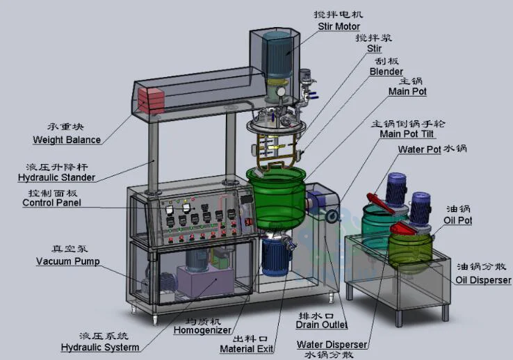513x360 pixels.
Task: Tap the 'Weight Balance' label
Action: (x=67, y=140)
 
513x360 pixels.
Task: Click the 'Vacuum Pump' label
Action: (x=67, y=261)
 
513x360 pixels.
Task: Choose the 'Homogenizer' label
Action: (x=197, y=333)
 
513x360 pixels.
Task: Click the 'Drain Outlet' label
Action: (x=321, y=325)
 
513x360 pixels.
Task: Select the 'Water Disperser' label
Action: (x=332, y=344)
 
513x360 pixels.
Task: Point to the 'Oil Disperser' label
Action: (x=483, y=280)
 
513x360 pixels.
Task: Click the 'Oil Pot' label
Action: (x=458, y=220)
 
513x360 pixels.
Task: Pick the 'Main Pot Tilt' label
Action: (x=413, y=133)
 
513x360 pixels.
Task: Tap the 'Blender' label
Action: (x=386, y=72)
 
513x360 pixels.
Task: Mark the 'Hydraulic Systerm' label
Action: (x=99, y=347)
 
